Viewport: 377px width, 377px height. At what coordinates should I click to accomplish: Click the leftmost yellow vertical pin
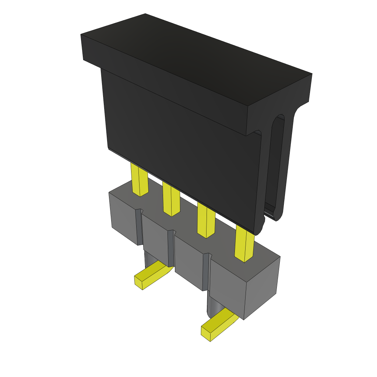click(139, 180)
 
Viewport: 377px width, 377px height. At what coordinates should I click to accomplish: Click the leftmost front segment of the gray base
click(123, 221)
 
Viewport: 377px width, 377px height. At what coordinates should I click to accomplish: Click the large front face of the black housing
click(180, 155)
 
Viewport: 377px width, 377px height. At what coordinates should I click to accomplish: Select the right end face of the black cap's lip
click(278, 99)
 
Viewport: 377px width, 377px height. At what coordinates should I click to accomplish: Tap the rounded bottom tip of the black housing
click(259, 228)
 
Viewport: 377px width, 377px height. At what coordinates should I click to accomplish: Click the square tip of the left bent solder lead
click(138, 283)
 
